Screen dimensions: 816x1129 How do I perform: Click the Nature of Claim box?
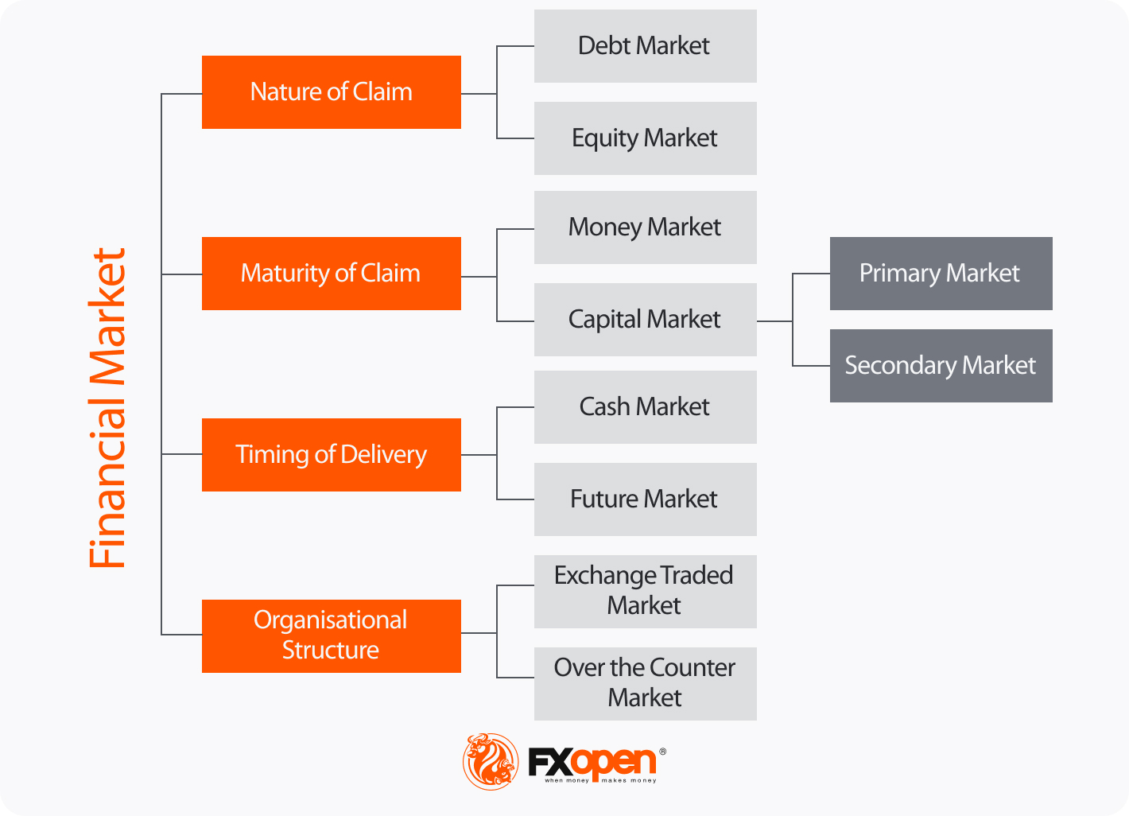pos(331,92)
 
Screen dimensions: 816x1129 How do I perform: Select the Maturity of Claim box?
pos(331,274)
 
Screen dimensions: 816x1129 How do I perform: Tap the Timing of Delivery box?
pos(331,455)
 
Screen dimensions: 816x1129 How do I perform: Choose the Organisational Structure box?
pos(331,636)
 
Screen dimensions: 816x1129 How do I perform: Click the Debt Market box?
pos(645,46)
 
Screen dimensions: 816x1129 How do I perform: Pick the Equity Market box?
pos(645,138)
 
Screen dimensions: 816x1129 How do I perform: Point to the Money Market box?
pos(645,227)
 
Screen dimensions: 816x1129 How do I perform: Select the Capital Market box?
pos(645,320)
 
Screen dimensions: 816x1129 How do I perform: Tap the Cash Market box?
pos(645,407)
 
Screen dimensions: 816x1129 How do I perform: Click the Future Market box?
pos(645,499)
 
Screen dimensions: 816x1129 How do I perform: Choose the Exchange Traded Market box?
pos(645,592)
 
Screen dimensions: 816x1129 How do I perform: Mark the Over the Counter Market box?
pos(645,684)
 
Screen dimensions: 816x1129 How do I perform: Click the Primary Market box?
pos(941,274)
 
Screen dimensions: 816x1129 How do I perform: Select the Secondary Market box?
pos(941,366)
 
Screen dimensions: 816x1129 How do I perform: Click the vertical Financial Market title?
pos(107,408)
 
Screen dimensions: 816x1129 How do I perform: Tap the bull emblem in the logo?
pos(491,762)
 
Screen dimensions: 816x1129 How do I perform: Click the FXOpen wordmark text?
pos(592,763)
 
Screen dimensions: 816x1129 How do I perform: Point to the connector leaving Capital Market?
pos(774,321)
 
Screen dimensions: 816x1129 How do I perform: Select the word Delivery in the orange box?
pos(384,455)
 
